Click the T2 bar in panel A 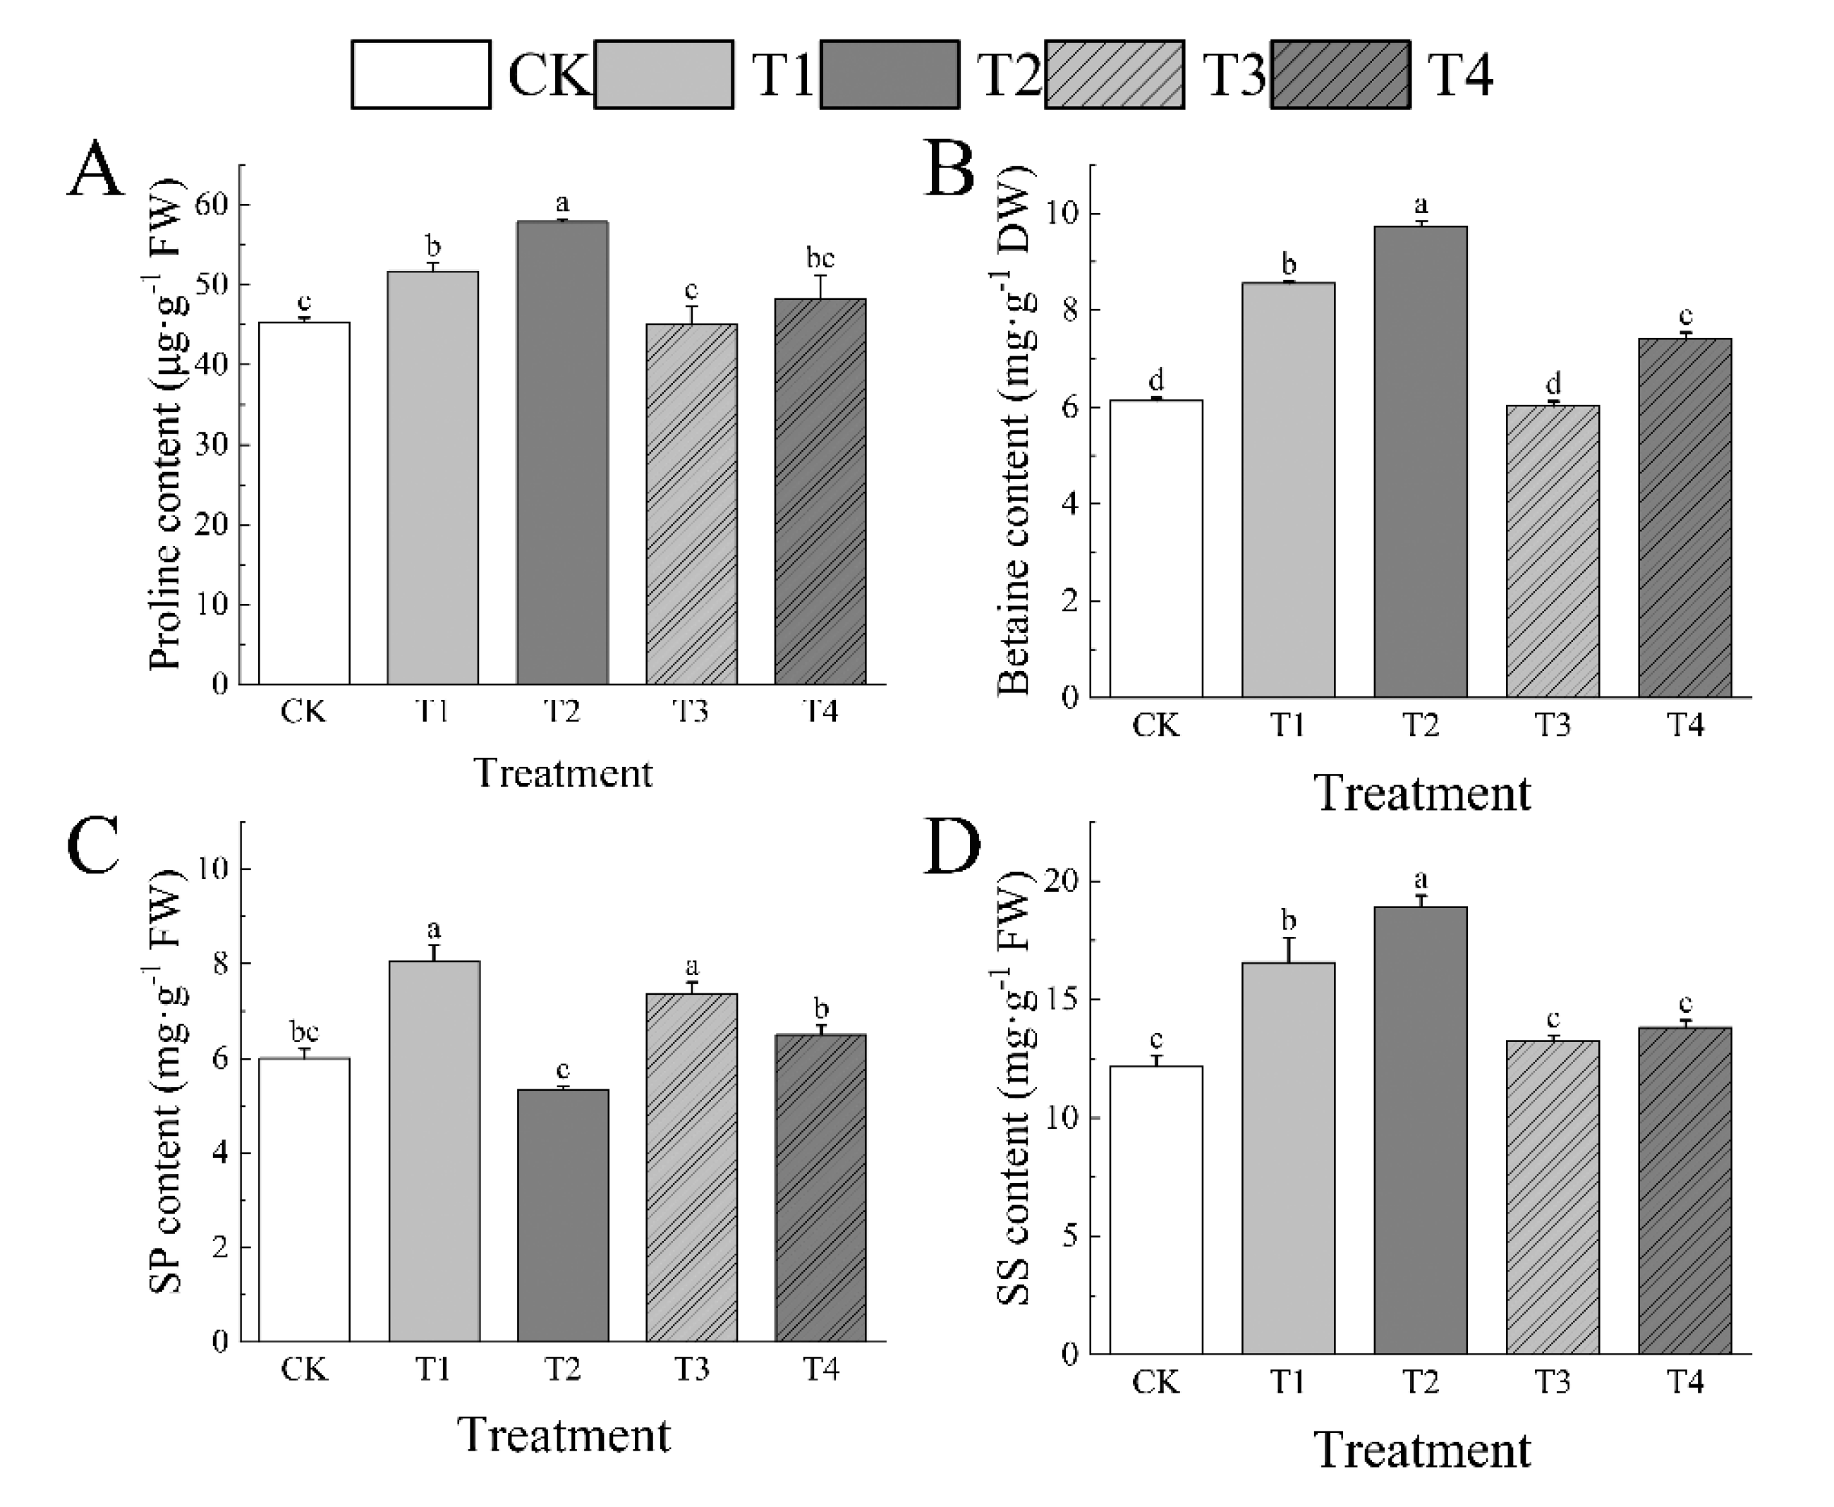562,452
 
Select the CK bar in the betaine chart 1156,547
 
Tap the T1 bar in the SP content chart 434,1150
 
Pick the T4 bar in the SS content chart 1684,1190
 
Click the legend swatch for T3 1114,75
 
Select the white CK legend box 421,75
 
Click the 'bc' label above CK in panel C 304,1031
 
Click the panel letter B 949,171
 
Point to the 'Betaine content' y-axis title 1014,432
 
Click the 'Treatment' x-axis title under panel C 564,1435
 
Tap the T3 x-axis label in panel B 1553,724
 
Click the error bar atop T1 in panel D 1289,950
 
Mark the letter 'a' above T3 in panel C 692,966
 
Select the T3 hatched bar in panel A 692,504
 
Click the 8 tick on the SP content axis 217,964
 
